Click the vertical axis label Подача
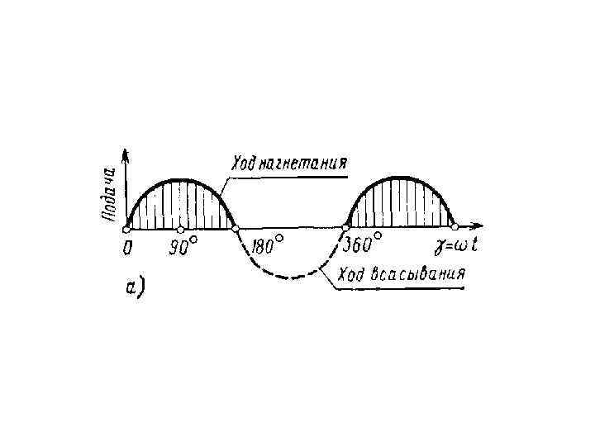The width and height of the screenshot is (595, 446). pos(109,193)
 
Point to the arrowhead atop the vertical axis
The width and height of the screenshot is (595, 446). pos(126,154)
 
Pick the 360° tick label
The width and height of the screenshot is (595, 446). pos(362,244)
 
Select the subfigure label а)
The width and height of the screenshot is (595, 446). pos(134,287)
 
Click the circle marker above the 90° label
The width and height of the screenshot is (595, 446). pos(180,228)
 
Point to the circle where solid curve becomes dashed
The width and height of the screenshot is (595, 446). pos(236,228)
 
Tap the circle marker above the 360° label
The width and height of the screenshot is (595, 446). pos(345,228)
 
